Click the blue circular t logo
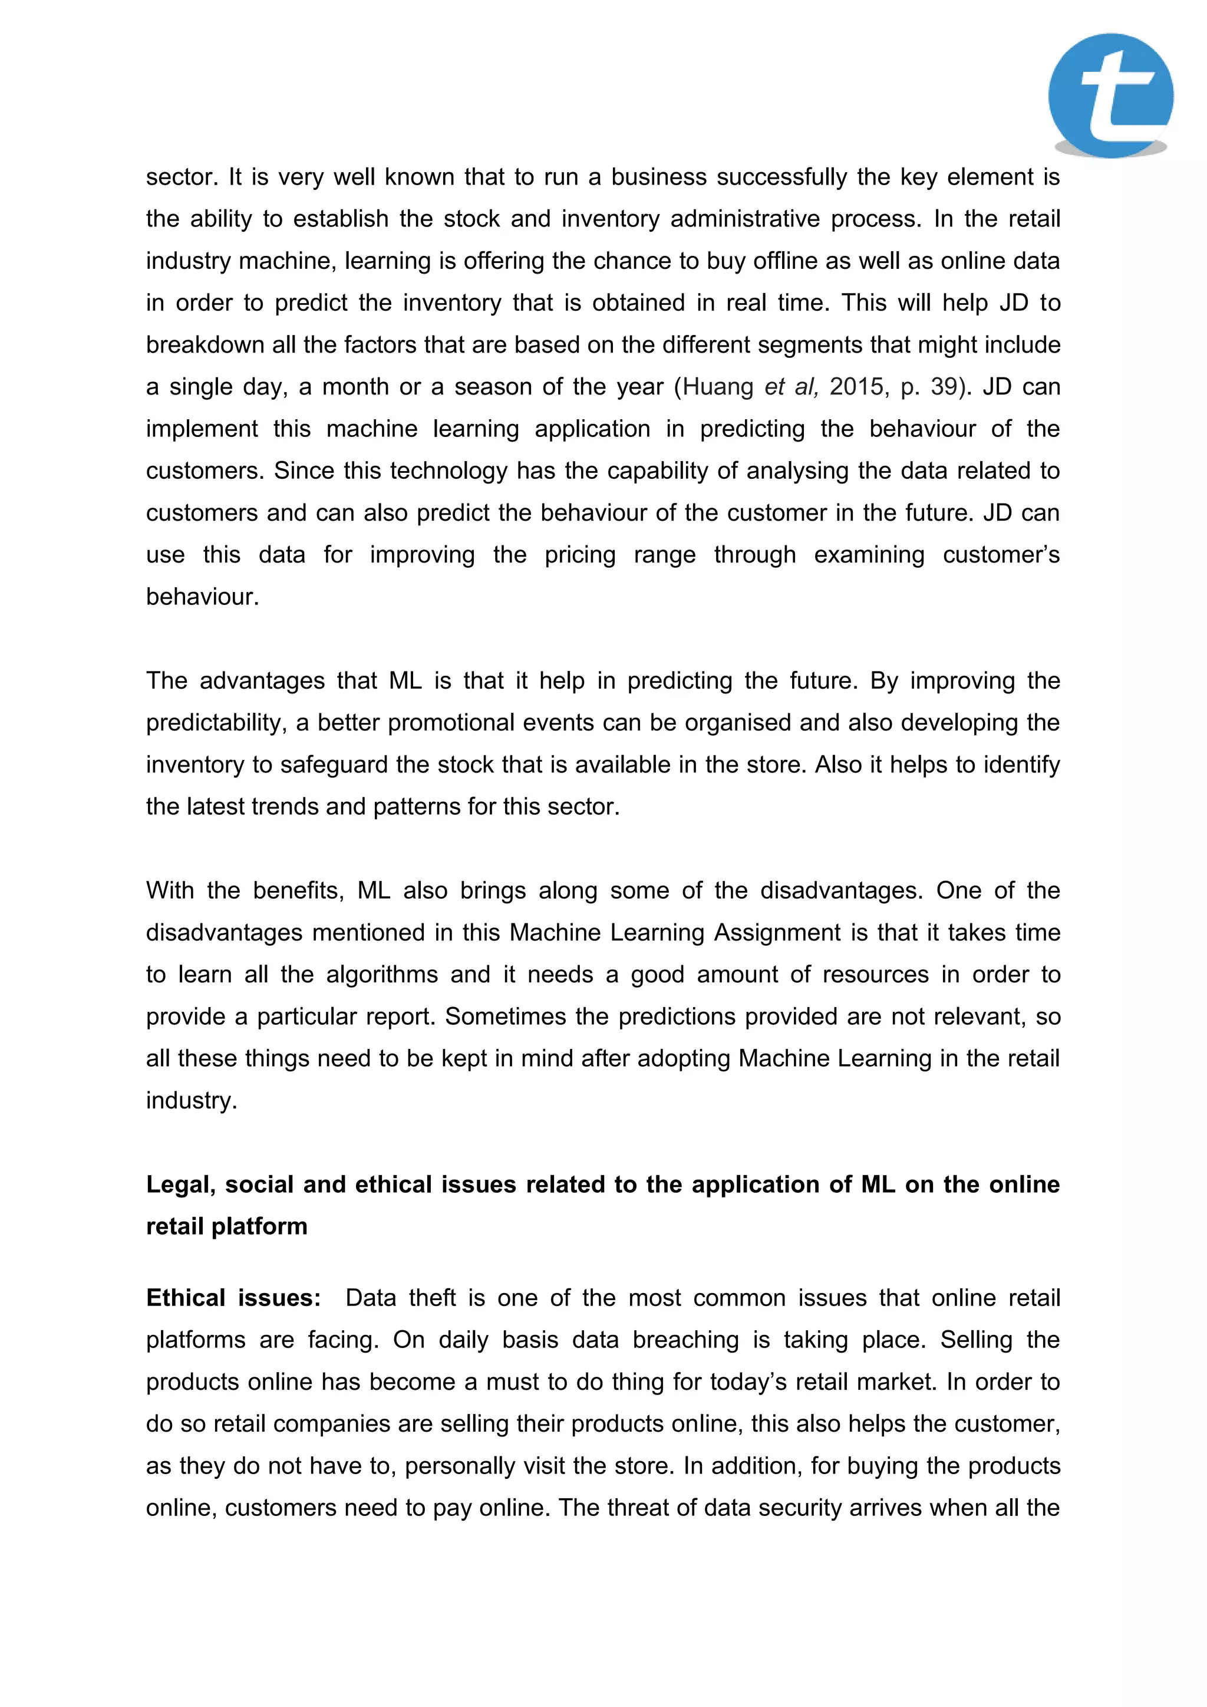1110,95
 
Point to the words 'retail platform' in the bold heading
227,1226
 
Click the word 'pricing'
580,555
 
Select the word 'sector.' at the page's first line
179,177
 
